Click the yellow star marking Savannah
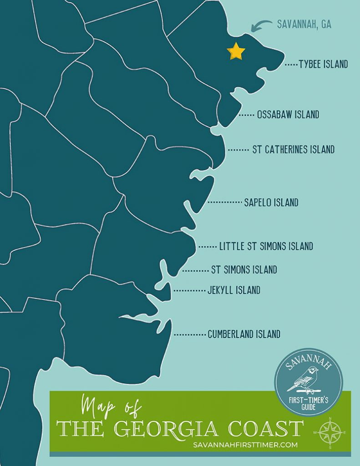coord(236,51)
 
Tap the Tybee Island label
coord(323,64)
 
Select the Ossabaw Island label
coord(288,115)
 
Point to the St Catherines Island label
coord(293,149)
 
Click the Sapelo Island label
coord(271,203)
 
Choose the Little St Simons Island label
coord(266,247)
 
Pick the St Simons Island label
coord(244,270)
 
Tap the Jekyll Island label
coord(233,290)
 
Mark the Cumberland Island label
coord(243,334)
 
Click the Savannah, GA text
coord(304,25)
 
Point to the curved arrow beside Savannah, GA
coord(260,25)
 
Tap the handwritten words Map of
coord(112,404)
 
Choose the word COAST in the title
coord(269,429)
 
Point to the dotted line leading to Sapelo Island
coord(224,202)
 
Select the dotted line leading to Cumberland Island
coord(189,334)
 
